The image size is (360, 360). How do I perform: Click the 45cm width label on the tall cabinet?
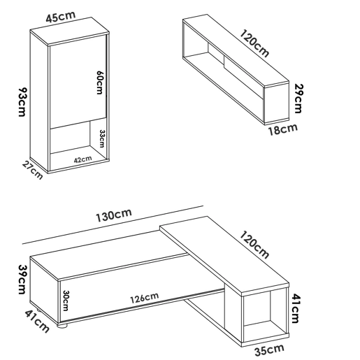(x=61, y=17)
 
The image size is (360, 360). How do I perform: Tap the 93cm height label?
(x=23, y=102)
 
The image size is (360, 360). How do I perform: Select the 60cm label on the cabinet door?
(x=99, y=82)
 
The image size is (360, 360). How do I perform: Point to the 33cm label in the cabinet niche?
(x=102, y=138)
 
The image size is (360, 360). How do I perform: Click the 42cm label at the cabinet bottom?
(x=82, y=159)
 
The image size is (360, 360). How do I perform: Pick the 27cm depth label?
(x=33, y=171)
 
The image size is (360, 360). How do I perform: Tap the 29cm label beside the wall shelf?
(x=298, y=99)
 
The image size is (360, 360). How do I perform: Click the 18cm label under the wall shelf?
(x=283, y=129)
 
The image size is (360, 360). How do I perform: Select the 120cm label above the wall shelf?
(x=254, y=43)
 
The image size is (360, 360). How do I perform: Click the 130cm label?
(x=114, y=215)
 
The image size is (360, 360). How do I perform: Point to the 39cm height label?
(x=22, y=280)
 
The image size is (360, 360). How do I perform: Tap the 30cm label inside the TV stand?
(x=66, y=301)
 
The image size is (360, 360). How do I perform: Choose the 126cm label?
(x=145, y=298)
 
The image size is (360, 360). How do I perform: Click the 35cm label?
(x=269, y=350)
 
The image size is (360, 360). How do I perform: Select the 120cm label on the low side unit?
(x=254, y=245)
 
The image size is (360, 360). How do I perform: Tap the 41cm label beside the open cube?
(x=296, y=308)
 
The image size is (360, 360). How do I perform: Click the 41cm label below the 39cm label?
(x=37, y=322)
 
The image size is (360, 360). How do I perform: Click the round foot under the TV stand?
(x=62, y=325)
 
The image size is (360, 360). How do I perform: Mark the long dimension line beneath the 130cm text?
(x=113, y=225)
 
